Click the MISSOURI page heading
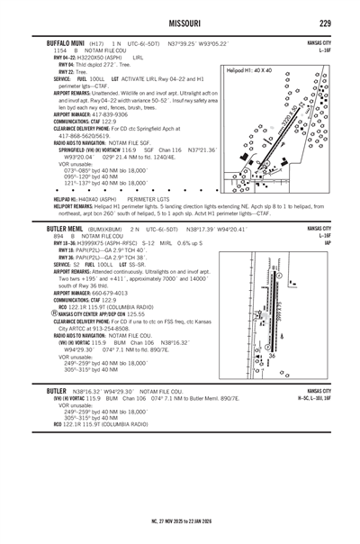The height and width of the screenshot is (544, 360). pyautogui.click(x=179, y=23)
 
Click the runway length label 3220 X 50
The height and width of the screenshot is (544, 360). pyautogui.click(x=287, y=123)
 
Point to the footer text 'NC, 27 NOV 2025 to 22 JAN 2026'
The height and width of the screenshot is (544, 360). pyautogui.click(x=180, y=521)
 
